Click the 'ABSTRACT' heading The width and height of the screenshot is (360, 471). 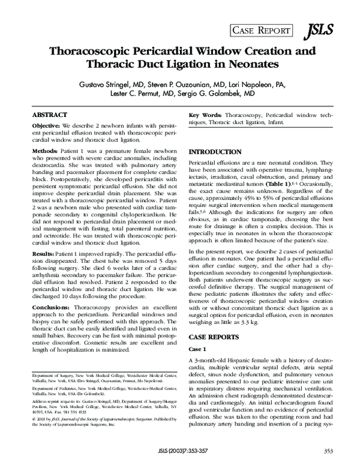[49, 114]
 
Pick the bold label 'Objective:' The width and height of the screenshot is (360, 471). [46, 125]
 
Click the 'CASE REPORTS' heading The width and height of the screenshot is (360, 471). [215, 336]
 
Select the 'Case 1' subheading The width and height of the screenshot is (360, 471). [198, 349]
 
